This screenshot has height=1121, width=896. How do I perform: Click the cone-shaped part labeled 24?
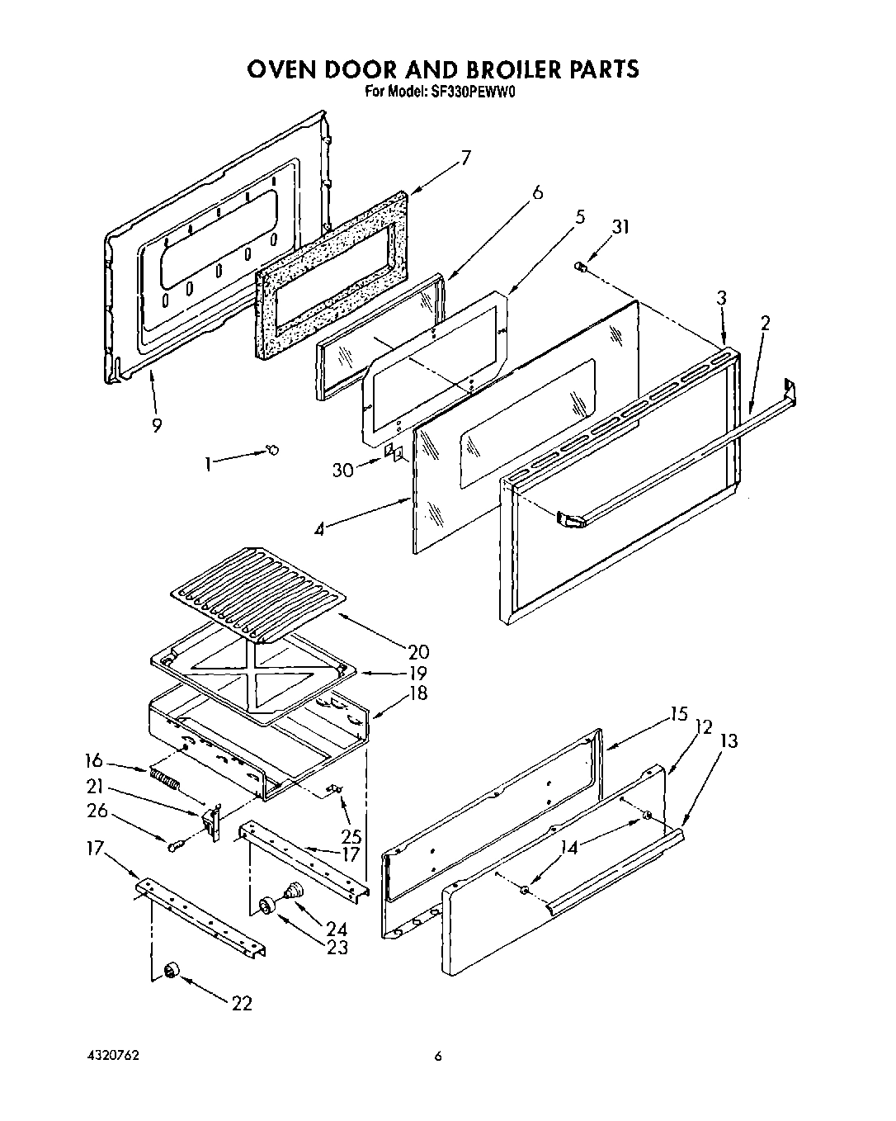tap(293, 891)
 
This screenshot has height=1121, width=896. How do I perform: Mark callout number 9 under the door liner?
tap(156, 425)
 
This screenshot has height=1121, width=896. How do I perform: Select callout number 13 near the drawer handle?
tap(729, 742)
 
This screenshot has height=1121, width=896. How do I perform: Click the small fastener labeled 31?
tap(581, 266)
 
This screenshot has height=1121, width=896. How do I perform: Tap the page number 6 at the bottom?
tap(439, 1055)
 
